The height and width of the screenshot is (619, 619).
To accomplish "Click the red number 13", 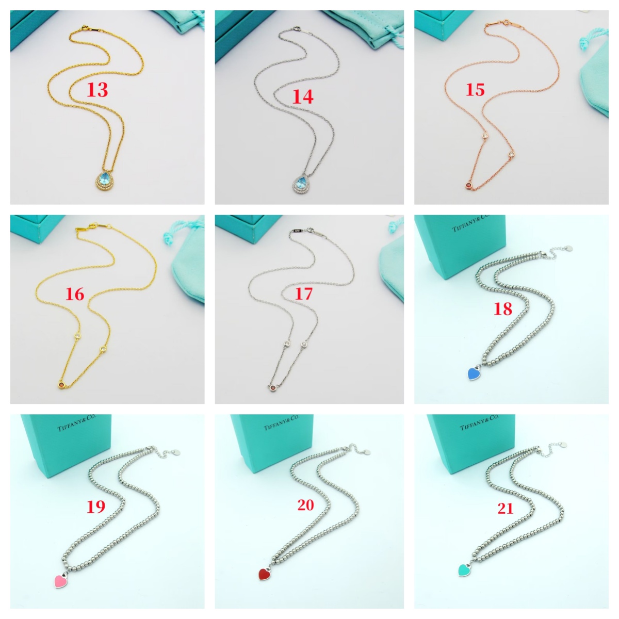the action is (x=97, y=90).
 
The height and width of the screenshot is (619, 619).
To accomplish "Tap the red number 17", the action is (x=303, y=294).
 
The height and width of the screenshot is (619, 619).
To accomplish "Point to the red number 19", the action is (x=96, y=507).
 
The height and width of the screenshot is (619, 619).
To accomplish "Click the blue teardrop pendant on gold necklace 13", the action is (x=105, y=182).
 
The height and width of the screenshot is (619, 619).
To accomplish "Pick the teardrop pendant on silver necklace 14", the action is (x=302, y=184).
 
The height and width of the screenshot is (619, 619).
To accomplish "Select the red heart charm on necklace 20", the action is (x=265, y=574).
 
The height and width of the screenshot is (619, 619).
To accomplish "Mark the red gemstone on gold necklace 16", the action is (x=61, y=384).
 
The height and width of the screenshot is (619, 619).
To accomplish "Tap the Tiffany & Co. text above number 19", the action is (x=76, y=422).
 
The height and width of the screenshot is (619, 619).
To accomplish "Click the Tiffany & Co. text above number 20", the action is (x=282, y=422).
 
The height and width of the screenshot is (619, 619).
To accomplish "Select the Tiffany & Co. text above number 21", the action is (x=479, y=422).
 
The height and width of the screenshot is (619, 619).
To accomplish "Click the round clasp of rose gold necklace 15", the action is (x=507, y=23).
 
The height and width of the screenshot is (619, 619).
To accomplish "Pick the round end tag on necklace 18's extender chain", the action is (x=569, y=248).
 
